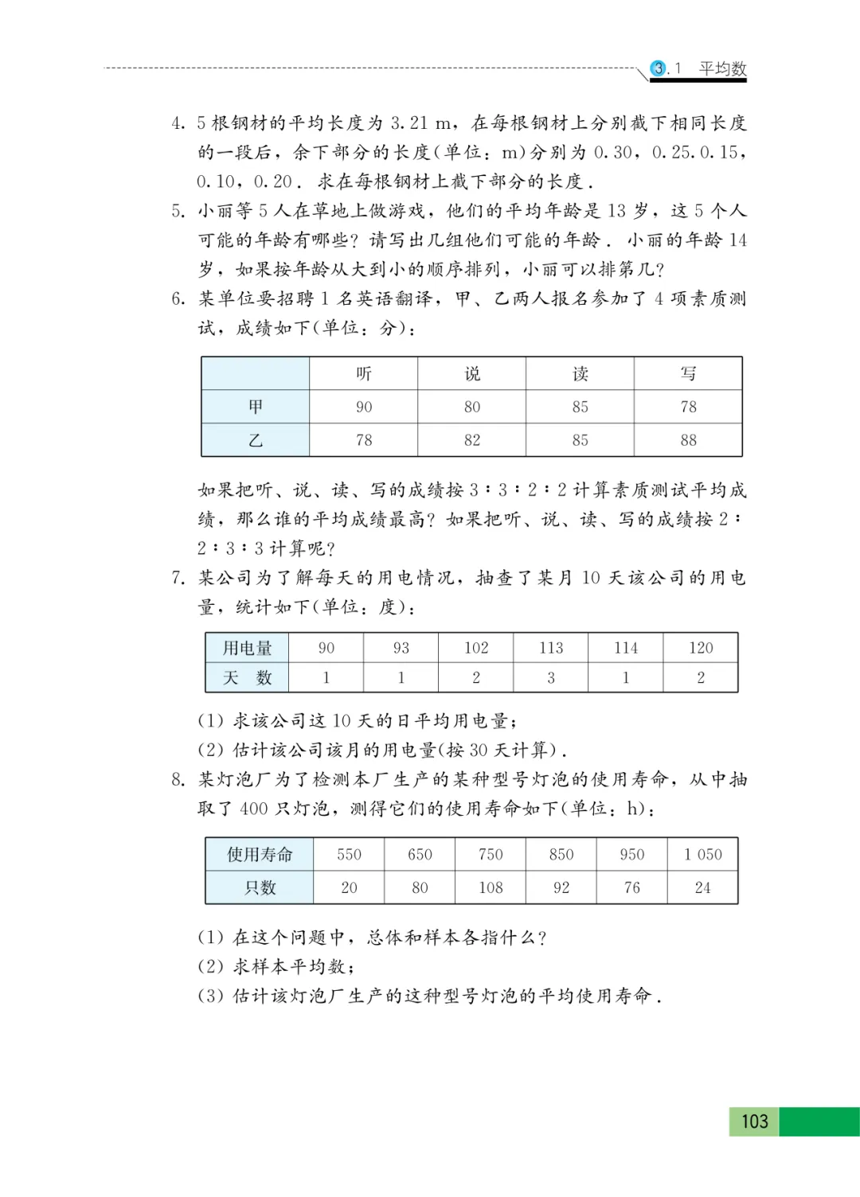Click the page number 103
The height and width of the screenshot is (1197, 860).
coord(754,1121)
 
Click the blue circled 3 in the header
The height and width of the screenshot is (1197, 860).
coord(659,68)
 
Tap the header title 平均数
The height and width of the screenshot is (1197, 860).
coord(722,68)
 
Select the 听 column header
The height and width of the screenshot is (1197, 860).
coord(364,373)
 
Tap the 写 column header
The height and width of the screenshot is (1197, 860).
coord(688,373)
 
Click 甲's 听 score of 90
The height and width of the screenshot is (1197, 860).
coord(364,407)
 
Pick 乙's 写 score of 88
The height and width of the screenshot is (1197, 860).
coord(688,440)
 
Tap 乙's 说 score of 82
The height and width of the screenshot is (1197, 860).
coord(472,440)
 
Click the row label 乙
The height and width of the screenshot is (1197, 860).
coord(256,440)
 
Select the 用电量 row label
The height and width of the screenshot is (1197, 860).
coord(247,648)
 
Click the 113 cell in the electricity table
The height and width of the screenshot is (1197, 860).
coord(551,648)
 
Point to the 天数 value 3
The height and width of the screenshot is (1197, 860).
coord(551,678)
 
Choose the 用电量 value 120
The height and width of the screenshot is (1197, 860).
coord(701,648)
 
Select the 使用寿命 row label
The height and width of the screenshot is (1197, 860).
coord(260,855)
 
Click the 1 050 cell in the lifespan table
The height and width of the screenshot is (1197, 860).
coord(702,855)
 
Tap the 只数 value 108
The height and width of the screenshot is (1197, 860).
coord(491,887)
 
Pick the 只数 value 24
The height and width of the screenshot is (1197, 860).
coord(702,887)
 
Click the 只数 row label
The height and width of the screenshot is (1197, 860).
coord(260,887)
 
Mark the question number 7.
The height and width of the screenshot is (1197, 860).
coord(178,578)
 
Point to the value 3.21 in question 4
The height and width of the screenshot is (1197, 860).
coord(408,123)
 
